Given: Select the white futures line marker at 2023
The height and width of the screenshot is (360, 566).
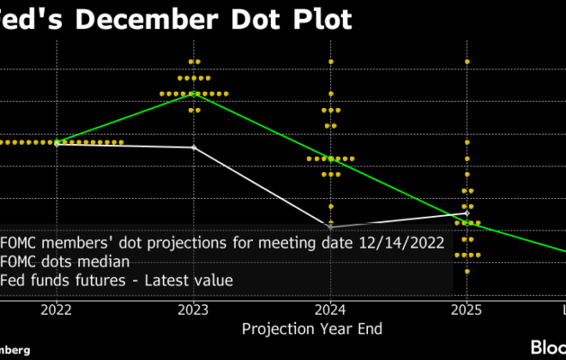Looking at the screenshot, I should pos(194,147).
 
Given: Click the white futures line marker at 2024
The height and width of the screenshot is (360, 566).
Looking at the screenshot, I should pos(330,226).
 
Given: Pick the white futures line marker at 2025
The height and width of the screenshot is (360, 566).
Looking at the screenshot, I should pos(467,213).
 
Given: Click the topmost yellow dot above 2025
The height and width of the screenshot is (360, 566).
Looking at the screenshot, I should pos(467,62).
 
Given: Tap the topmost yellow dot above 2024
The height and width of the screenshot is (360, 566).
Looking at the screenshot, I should pos(330,62).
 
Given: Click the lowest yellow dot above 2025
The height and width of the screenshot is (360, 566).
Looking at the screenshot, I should pos(467,271).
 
